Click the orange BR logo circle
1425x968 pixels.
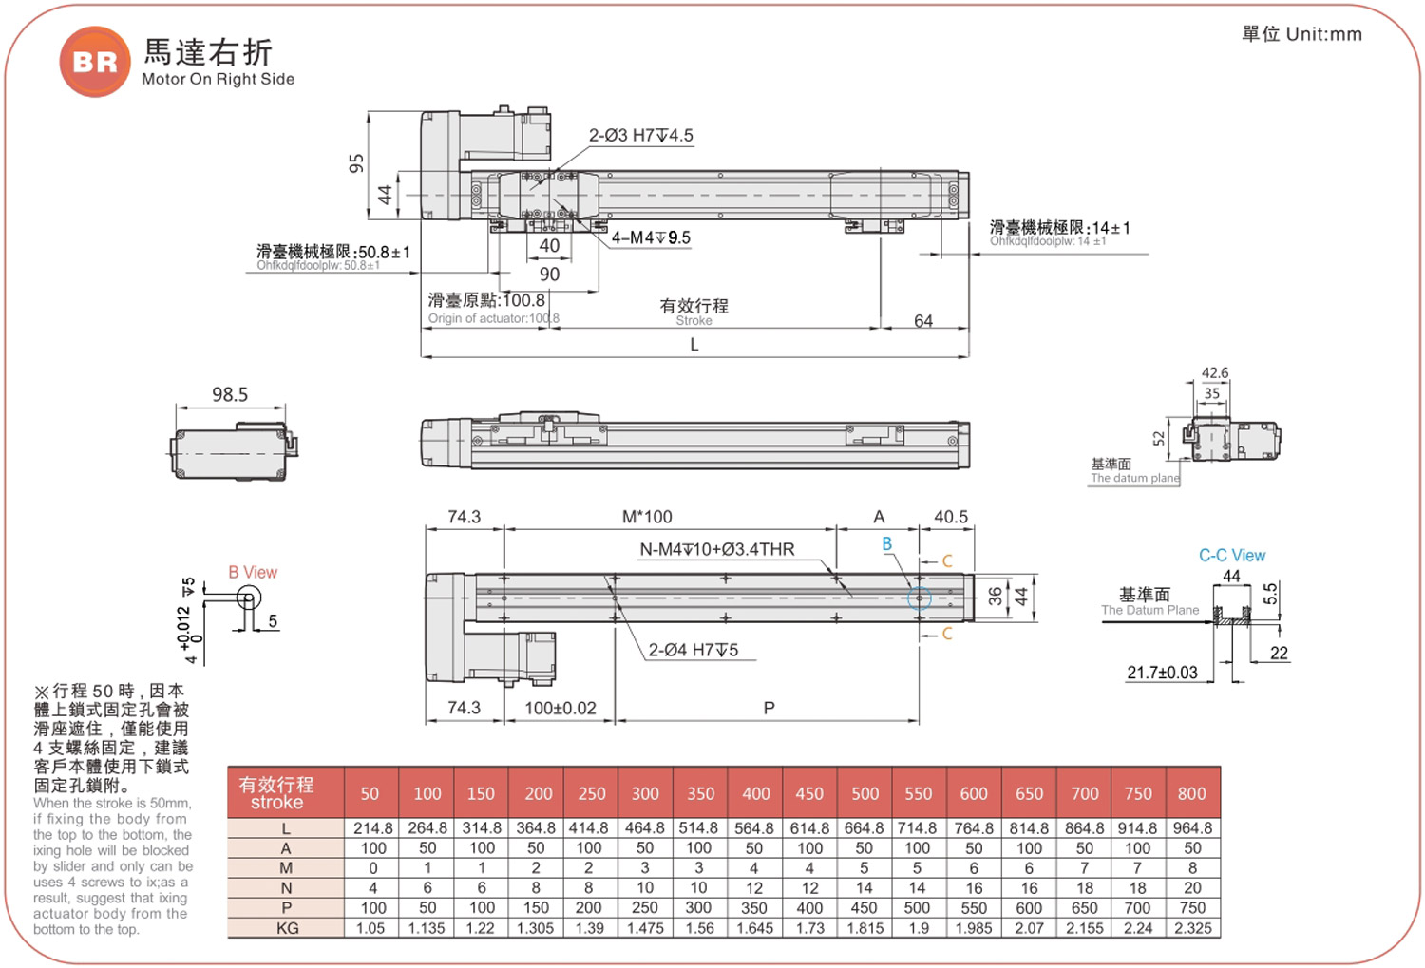pos(95,62)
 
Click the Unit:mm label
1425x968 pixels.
pos(1323,34)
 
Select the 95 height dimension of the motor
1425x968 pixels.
pos(357,163)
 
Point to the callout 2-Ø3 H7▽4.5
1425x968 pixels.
pos(640,136)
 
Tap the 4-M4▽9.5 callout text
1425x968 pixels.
pos(651,237)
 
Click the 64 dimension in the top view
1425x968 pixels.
pos(923,320)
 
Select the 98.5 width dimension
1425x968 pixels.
pos(230,395)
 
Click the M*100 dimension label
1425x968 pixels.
pos(647,517)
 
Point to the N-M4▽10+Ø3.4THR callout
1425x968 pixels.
pos(717,549)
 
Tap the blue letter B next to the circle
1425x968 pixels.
pos(886,543)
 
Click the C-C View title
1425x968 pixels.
pos(1232,555)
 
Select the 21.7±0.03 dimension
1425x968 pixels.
pos(1162,673)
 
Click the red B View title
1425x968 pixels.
pos(253,573)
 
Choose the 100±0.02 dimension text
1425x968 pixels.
pos(560,708)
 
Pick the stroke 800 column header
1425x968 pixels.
pos(1191,793)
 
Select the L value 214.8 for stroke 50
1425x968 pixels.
pos(372,828)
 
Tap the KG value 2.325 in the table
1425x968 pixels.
pos(1193,928)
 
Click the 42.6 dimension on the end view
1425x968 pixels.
pos(1214,372)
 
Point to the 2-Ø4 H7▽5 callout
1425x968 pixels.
pos(693,650)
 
